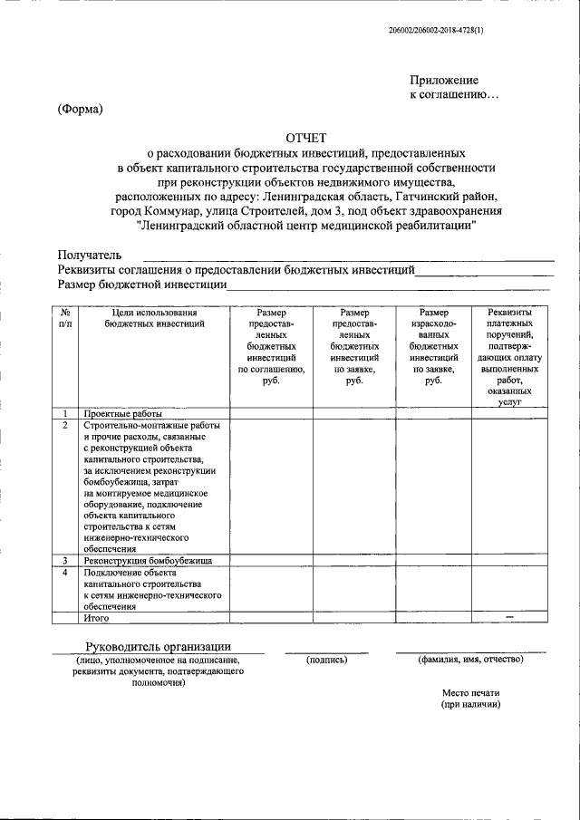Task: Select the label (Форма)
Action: [81, 110]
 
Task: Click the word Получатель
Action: [89, 256]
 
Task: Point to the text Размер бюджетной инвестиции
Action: [141, 284]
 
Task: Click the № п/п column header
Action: [64, 318]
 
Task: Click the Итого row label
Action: [96, 618]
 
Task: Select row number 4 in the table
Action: [64, 573]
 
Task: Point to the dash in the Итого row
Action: [509, 617]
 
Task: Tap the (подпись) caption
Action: [327, 660]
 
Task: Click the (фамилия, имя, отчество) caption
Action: [470, 660]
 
